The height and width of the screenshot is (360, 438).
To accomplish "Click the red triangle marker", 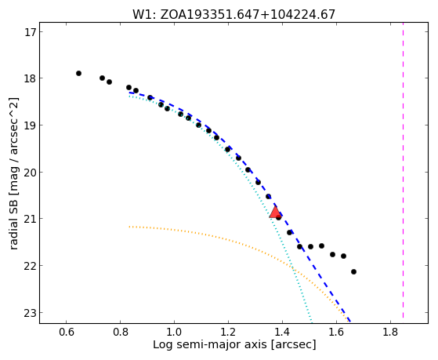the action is click(x=275, y=213).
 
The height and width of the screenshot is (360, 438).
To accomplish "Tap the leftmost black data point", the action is click(x=79, y=73).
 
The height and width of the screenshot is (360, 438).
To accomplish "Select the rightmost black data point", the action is click(x=353, y=271).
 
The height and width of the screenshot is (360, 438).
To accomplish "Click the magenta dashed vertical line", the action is click(x=403, y=170).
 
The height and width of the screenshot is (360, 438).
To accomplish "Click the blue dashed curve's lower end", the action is click(x=350, y=322).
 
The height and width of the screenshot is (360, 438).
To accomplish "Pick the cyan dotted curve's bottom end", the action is click(x=312, y=322).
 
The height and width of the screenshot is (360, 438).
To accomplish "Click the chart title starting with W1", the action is click(x=233, y=15).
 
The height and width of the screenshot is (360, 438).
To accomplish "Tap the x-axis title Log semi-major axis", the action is click(x=234, y=344).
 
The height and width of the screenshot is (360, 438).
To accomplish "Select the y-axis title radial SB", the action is click(x=13, y=173).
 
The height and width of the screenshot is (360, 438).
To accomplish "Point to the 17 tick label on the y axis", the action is click(x=30, y=32).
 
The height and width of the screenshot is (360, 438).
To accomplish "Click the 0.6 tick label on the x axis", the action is click(x=66, y=332).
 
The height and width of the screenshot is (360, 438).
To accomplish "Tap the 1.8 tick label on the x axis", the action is click(x=390, y=332).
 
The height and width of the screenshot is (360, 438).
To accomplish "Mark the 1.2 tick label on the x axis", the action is click(x=228, y=332).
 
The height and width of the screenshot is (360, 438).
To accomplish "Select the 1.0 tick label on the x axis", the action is click(x=174, y=332).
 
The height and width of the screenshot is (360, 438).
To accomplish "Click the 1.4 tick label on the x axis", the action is click(x=282, y=332).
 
